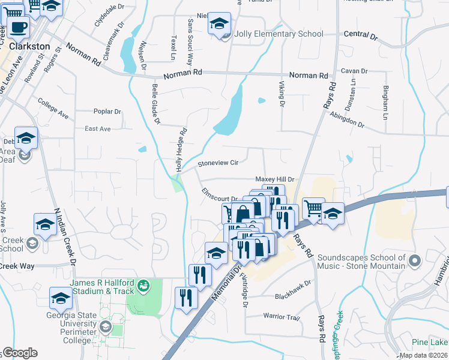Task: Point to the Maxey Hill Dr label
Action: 275,179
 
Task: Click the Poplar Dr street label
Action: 107,112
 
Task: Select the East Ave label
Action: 98,128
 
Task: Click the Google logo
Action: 19,353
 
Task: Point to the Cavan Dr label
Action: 349,71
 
